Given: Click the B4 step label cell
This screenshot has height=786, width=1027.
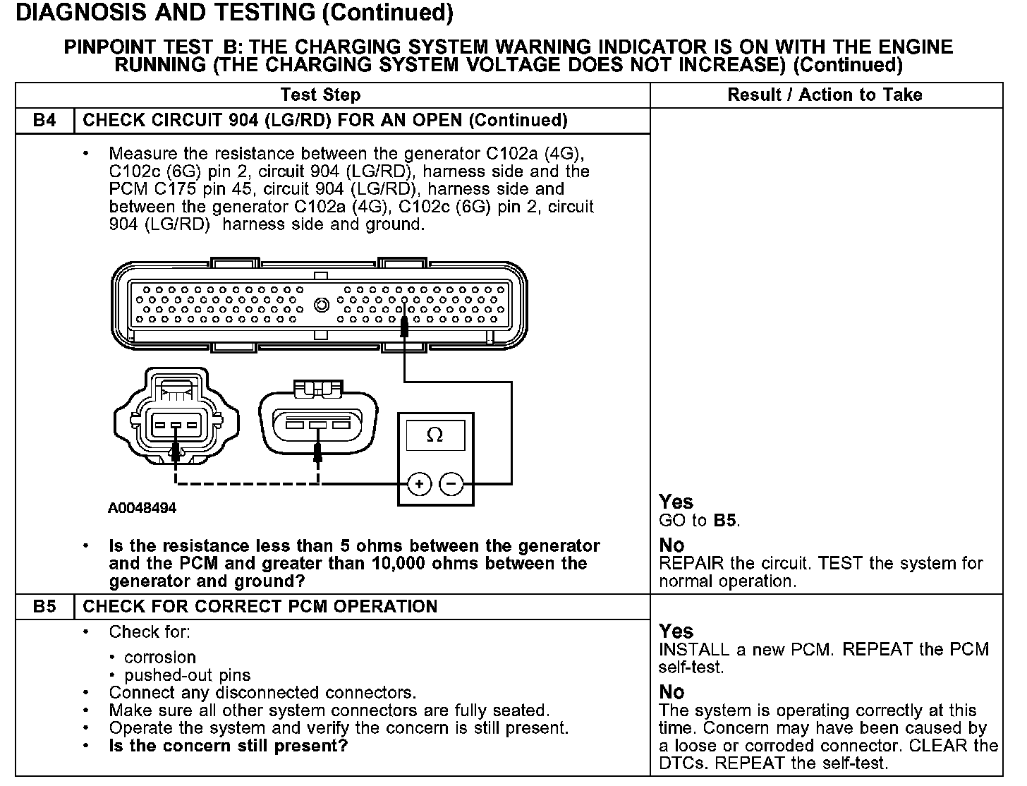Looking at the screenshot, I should coord(44,120).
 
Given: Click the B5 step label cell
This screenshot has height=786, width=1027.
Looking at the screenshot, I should coord(44,607).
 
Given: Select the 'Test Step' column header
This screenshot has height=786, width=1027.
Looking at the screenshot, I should coord(320,95).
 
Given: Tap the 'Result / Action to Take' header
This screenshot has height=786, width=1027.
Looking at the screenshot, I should coord(825,95).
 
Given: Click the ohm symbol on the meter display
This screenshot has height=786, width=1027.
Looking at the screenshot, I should coord(435,435).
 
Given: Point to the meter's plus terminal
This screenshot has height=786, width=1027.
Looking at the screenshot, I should coord(419,484).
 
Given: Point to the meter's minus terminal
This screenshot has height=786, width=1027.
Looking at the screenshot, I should coord(451,484).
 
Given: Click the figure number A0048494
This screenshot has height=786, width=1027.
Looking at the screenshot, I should coord(142,508).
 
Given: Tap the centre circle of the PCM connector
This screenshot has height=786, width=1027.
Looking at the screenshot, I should coord(322,305).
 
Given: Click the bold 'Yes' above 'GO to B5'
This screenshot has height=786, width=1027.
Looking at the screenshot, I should coord(676,502).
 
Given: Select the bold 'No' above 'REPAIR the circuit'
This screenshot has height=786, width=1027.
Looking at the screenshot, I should coord(671,545).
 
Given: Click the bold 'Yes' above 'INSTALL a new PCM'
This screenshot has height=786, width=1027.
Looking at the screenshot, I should coord(676,631).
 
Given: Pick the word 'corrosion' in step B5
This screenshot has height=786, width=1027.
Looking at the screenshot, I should coord(160,658).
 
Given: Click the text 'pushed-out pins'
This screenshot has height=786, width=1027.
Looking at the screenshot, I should coord(188,675).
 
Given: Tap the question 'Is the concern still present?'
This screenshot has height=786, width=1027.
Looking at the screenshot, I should coord(229,746).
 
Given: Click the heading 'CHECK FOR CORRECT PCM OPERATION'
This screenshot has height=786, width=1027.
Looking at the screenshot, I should coord(260,607).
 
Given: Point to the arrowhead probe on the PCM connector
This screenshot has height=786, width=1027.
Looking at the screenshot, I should coord(404,326).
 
